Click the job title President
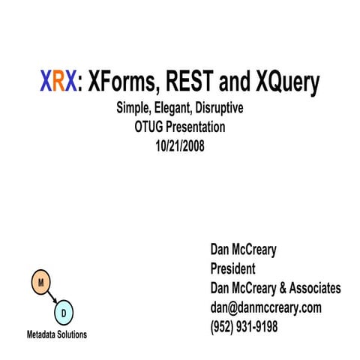[233, 268]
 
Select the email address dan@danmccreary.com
[265, 307]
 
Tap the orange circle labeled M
[40, 283]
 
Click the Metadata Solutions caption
[57, 333]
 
